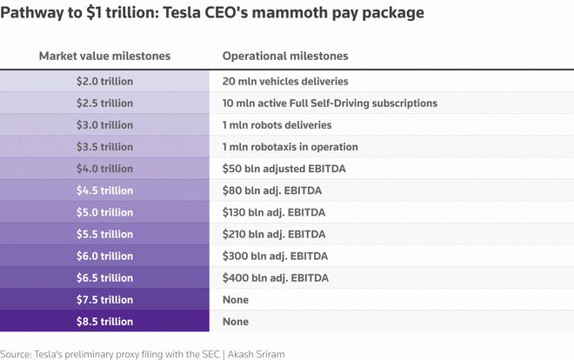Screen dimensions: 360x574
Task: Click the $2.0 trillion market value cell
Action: point(104,81)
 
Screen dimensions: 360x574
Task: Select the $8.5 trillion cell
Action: point(104,322)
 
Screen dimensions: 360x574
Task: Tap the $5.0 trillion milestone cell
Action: point(104,212)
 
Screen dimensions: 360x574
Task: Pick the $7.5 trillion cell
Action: point(104,300)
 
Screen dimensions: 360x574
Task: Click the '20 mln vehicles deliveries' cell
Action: point(285,81)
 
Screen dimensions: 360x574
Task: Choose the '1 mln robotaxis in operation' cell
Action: point(290,147)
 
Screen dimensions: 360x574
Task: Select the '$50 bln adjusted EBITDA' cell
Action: point(284,169)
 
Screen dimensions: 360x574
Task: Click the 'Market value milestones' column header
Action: point(104,56)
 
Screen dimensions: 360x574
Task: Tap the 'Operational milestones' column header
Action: point(285,56)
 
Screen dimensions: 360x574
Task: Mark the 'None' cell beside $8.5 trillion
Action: point(236,322)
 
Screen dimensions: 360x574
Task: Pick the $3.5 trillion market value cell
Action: point(104,147)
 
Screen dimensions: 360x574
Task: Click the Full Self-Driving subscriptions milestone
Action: point(330,103)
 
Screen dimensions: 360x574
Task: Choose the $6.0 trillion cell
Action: point(104,257)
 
